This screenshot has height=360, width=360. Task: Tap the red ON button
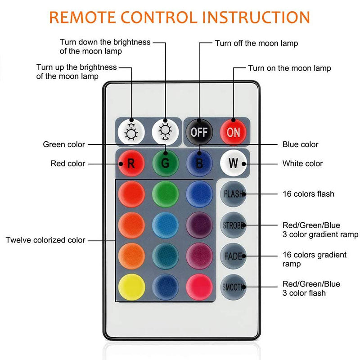233,132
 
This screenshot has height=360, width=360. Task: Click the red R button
131,162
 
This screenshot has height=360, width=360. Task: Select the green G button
165,162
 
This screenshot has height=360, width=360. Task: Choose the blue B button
199,162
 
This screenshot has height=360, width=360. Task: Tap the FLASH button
233,194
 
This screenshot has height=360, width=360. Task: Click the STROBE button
233,225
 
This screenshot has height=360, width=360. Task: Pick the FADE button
233,256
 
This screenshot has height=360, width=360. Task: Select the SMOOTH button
233,287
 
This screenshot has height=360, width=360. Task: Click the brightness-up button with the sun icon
131,132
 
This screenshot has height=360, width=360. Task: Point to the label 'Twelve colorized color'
45,240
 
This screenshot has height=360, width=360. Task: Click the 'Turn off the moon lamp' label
256,43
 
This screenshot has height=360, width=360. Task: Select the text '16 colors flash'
308,194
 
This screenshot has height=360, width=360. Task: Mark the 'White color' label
302,163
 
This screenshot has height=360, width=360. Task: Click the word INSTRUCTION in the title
256,17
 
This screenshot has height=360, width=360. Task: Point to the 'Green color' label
64,144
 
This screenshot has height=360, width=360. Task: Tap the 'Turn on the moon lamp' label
289,68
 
